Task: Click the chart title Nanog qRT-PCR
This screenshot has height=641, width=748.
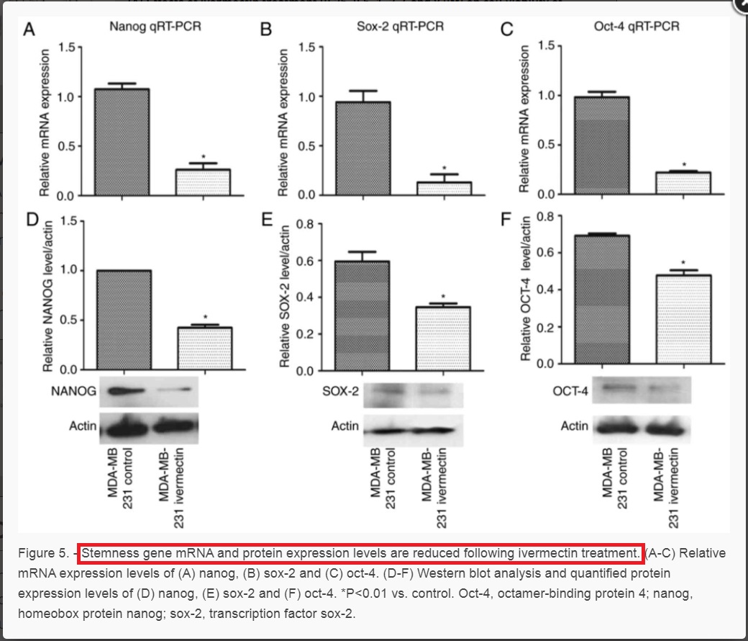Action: point(155,27)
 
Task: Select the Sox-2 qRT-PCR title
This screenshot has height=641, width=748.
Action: point(400,27)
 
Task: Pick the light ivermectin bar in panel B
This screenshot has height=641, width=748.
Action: point(443,187)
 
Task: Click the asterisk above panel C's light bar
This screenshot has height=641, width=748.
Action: point(683,165)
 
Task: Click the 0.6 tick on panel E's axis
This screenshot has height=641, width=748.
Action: point(304,261)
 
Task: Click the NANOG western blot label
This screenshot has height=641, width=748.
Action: point(74,392)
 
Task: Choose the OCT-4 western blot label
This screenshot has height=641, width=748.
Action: point(571,391)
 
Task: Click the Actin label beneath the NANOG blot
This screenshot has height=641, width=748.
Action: point(83,426)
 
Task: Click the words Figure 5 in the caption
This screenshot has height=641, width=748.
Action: point(45,553)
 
